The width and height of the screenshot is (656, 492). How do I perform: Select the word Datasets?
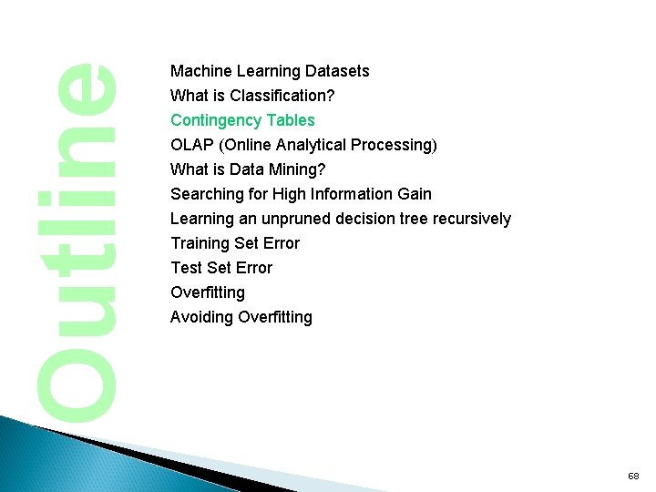pos(338,71)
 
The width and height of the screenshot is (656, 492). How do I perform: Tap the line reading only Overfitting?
pos(208,292)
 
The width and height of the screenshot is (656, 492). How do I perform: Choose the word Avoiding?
pos(200,317)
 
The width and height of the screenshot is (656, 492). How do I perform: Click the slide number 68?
pos(633,477)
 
